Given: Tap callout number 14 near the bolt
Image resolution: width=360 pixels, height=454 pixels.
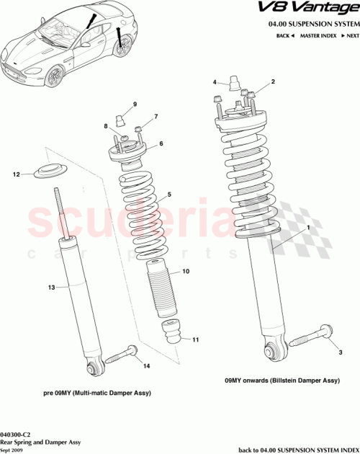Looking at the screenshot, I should (147, 367).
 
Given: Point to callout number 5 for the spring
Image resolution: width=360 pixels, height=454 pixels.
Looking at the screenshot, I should (169, 195).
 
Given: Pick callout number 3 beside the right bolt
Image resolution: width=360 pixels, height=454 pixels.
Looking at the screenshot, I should (335, 352).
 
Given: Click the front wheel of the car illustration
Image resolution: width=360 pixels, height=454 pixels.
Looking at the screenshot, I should (125, 48).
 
